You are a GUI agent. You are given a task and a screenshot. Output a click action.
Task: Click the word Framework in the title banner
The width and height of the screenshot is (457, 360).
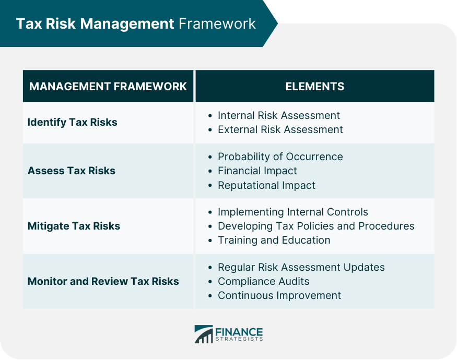click(217, 23)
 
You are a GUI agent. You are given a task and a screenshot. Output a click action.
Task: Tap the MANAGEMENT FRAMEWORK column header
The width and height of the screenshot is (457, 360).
click(108, 87)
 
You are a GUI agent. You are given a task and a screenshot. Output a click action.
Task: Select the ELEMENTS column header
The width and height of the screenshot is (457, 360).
click(315, 87)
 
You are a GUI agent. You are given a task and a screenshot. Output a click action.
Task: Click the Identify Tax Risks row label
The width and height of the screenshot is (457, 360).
click(72, 122)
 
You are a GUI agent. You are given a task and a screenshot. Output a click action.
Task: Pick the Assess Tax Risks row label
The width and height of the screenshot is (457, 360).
click(72, 171)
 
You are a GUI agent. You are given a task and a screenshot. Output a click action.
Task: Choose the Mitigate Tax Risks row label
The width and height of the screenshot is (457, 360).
click(74, 226)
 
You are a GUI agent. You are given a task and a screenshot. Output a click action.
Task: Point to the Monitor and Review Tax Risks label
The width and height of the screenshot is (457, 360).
click(103, 281)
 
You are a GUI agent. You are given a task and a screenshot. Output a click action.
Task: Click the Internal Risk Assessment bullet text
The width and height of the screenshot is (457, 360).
click(279, 115)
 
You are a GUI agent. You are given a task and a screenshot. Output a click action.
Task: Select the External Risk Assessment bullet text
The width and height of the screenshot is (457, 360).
click(280, 129)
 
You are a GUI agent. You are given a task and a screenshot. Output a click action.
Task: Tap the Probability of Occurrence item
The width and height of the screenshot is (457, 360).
click(280, 157)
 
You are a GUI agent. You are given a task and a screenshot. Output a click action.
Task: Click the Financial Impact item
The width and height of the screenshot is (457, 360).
click(257, 171)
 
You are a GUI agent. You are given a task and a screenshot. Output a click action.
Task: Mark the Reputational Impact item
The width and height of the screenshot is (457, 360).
click(267, 185)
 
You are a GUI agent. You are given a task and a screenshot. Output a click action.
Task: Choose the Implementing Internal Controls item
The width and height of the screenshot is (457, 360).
click(293, 212)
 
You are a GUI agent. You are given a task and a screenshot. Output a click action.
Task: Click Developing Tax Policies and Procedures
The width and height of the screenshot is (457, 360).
click(316, 226)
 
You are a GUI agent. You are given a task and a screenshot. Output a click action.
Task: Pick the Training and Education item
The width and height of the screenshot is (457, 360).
click(274, 241)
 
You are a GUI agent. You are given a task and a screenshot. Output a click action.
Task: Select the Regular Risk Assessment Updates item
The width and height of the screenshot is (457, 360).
click(301, 267)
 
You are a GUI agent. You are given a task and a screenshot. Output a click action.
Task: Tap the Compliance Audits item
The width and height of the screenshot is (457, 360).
click(264, 281)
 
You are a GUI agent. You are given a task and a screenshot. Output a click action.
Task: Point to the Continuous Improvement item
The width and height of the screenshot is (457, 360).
click(279, 296)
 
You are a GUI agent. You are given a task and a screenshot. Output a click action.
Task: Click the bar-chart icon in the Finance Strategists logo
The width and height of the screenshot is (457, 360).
click(204, 334)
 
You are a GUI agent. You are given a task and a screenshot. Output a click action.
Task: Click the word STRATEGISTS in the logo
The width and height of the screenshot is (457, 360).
click(239, 339)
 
